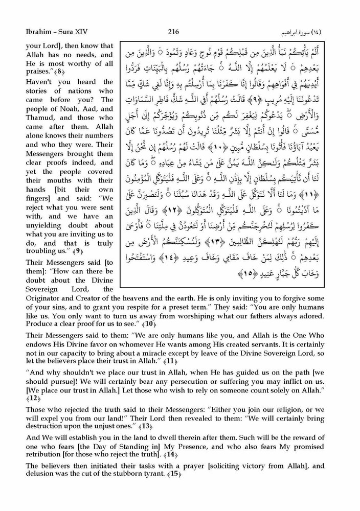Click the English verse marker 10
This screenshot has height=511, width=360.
[148, 323]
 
